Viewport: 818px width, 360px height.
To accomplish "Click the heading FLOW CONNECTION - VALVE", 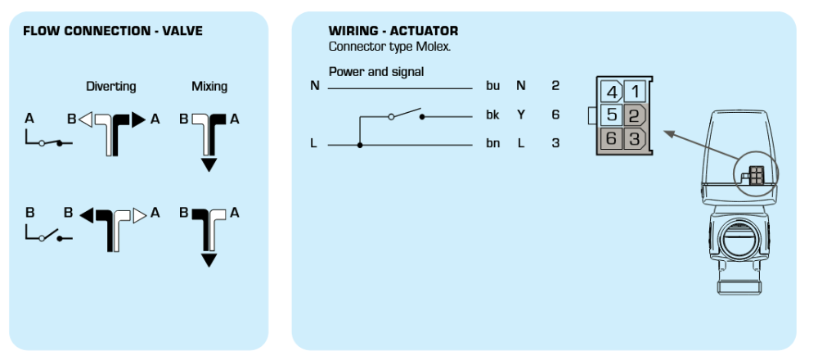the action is [113, 31].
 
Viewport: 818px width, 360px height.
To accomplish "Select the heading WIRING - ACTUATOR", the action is [393, 31].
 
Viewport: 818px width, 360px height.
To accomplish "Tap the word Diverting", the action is [111, 87].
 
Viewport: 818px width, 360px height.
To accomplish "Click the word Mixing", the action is [209, 87].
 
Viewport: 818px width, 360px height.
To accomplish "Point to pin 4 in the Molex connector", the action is [611, 92].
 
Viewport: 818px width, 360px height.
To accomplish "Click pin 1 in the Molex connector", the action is [635, 92].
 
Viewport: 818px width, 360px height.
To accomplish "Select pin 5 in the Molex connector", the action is [611, 115].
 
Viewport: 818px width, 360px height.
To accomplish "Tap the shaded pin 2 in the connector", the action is [635, 115].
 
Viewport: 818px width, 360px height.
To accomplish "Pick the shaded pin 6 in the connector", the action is [611, 139].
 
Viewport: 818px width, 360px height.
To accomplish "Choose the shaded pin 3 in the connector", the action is [635, 139].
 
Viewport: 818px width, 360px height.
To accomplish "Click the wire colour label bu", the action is [493, 86].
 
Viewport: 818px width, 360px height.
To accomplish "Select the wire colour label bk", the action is [493, 115].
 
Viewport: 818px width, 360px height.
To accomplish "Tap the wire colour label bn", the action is [493, 143].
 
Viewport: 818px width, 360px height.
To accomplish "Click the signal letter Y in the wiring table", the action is [520, 115].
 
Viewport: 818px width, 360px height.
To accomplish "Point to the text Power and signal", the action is [376, 71].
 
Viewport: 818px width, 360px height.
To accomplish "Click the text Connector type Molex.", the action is [389, 47].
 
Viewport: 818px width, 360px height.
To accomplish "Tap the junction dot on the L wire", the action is [360, 145].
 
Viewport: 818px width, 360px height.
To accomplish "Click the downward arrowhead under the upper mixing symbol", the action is [209, 165].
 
